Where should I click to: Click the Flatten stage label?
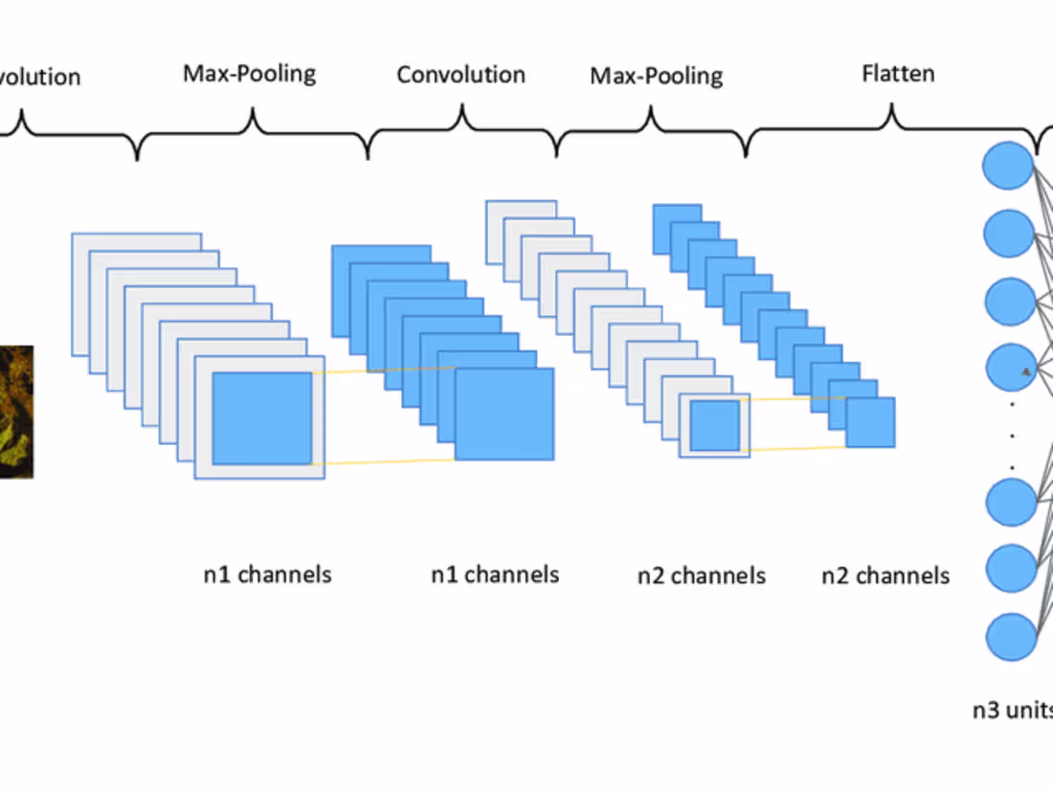click(x=898, y=73)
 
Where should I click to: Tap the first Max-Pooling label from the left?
click(x=249, y=74)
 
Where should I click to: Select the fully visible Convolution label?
click(x=460, y=75)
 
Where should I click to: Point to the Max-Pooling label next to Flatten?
click(x=656, y=76)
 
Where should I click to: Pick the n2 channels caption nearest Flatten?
click(x=885, y=576)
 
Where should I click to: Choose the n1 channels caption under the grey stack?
click(x=260, y=575)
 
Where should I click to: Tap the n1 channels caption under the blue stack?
click(x=495, y=575)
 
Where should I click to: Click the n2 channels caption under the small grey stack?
click(x=702, y=576)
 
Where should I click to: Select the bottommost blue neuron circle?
click(x=1010, y=636)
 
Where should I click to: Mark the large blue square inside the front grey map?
click(x=262, y=418)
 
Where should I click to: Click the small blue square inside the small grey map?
click(x=715, y=425)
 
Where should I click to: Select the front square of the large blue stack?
click(x=504, y=414)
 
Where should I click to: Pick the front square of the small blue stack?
click(x=870, y=422)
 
